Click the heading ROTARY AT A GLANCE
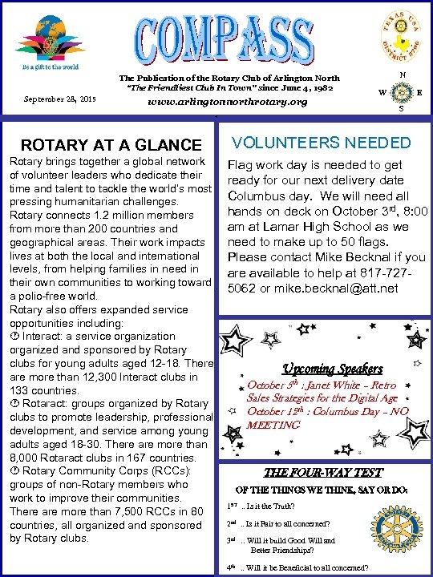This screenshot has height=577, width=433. pos(111,145)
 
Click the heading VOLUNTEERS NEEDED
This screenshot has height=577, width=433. pos(320,143)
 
